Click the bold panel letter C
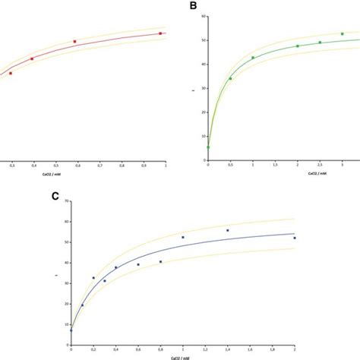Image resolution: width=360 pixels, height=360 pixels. (x=54, y=195)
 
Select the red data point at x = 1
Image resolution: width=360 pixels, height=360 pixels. (x=160, y=33)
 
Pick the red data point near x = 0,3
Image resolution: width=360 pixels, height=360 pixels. (x=10, y=74)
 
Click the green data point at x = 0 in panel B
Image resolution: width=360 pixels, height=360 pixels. (x=208, y=147)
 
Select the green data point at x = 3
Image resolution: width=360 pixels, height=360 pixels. (x=342, y=34)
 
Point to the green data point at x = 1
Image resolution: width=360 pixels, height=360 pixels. (x=253, y=58)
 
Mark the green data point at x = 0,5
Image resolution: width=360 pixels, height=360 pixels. (x=231, y=78)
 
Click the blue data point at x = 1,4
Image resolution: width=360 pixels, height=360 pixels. (x=228, y=230)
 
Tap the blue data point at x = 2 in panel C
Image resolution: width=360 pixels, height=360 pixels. (x=295, y=238)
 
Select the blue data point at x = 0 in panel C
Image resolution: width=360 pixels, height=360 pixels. (x=71, y=330)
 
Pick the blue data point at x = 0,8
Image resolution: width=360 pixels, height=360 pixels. (x=161, y=261)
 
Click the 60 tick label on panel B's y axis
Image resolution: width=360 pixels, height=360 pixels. (x=201, y=16)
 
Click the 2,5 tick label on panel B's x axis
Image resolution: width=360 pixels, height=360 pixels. (x=320, y=166)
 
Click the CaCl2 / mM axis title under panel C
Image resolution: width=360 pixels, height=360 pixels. (x=183, y=355)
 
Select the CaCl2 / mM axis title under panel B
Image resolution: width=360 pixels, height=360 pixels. (x=276, y=173)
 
